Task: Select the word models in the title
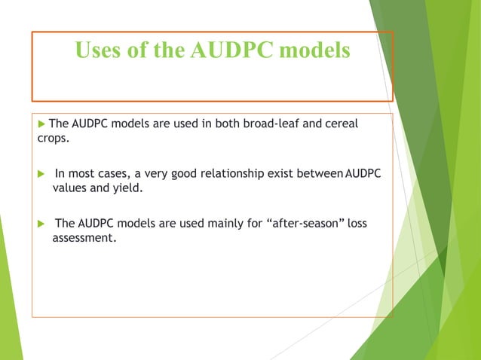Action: pyautogui.click(x=315, y=50)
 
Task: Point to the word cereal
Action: pyautogui.click(x=340, y=124)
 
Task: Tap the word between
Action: pyautogui.click(x=320, y=174)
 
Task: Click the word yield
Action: pyautogui.click(x=127, y=188)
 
